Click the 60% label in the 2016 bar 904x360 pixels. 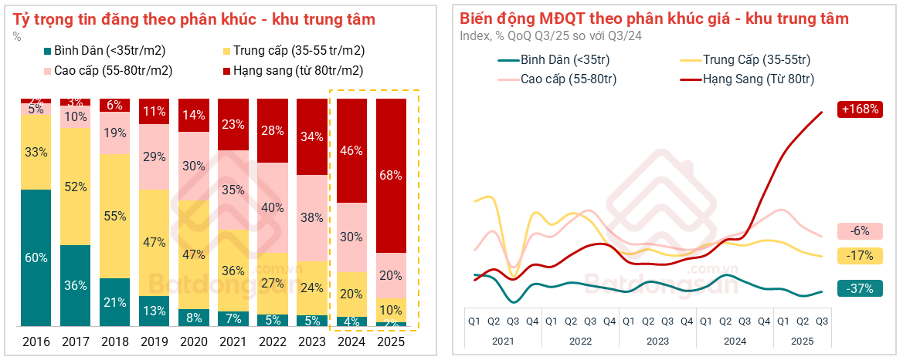(36, 257)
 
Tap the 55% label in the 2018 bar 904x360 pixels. (115, 215)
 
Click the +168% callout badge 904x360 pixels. (858, 109)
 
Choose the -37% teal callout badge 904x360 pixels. (858, 288)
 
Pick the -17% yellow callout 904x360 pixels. (858, 255)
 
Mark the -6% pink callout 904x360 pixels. (858, 231)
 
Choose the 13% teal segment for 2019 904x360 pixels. (155, 310)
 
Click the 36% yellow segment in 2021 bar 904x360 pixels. (234, 270)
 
